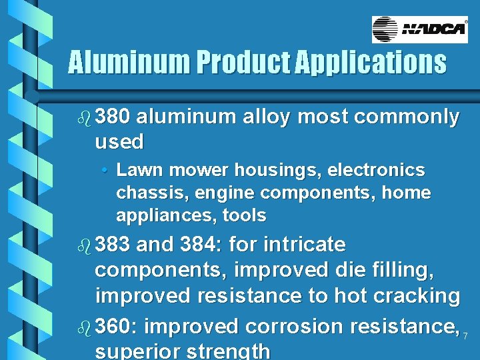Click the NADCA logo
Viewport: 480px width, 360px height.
pos(419,29)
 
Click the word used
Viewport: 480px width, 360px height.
pos(119,141)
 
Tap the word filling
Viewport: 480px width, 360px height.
pos(401,270)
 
